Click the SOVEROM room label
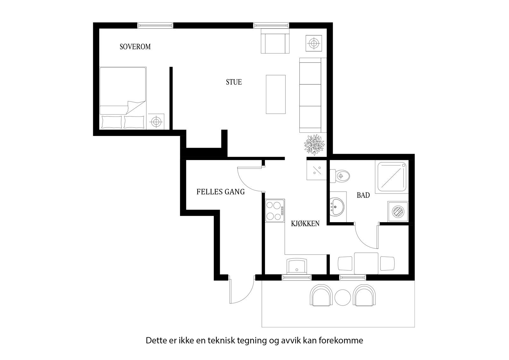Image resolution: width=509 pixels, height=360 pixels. click(135, 47)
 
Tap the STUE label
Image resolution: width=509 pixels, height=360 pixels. click(234, 82)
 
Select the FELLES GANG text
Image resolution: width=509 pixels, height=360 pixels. click(220, 192)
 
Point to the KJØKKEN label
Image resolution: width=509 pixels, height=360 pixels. click(305, 224)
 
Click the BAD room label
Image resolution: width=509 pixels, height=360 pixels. click(363, 195)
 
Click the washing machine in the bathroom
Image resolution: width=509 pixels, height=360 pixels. click(398, 211)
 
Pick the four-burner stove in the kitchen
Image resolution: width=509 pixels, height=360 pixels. click(275, 210)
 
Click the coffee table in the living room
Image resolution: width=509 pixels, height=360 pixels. click(275, 94)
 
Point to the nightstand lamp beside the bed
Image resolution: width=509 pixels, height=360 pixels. click(156, 121)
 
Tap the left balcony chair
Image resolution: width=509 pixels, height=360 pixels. click(321, 295)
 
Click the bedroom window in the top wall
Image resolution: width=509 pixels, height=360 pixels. click(155, 25)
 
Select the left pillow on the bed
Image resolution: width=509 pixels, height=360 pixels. click(111, 122)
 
